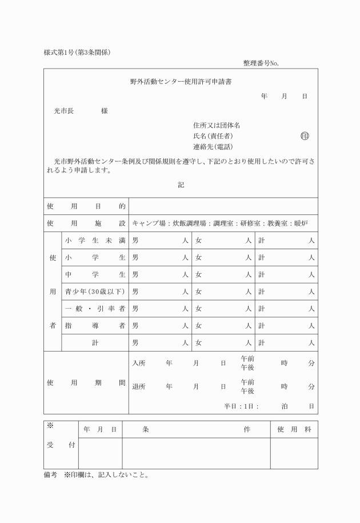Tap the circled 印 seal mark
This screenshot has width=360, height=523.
tap(305, 136)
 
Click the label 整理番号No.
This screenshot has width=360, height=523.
tap(261, 63)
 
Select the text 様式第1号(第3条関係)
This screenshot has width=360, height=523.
tap(77, 53)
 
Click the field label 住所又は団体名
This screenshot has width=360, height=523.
tap(217, 125)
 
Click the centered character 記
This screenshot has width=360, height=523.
tap(181, 185)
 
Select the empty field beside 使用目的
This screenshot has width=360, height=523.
tap(223, 206)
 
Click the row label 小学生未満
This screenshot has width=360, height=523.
tap(95, 241)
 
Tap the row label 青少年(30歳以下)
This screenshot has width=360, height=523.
tap(95, 292)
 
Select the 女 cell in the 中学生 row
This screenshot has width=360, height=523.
tap(223, 274)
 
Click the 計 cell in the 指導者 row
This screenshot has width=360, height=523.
tap(286, 326)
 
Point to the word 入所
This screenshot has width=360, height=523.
tap(138, 363)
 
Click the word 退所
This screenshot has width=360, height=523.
tap(138, 386)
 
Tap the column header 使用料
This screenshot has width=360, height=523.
tap(294, 429)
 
